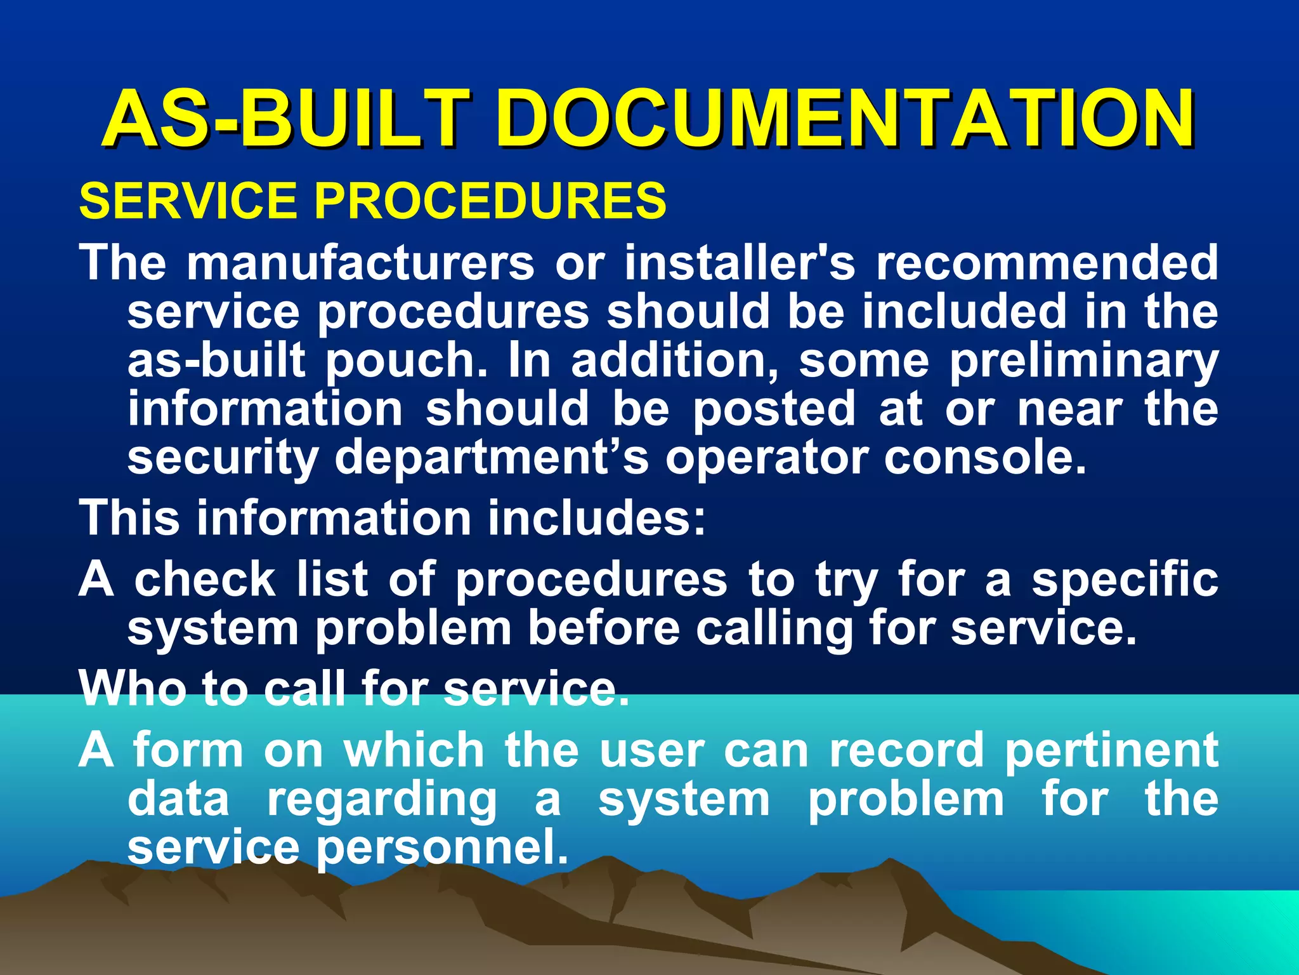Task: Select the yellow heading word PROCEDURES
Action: pos(490,201)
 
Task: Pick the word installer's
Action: pos(740,263)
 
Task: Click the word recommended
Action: pos(1047,263)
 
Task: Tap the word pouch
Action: pos(407,361)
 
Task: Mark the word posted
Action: pos(774,410)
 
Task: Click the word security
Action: pos(223,458)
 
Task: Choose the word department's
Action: pos(492,458)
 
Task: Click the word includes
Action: pos(596,518)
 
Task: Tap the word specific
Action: pos(1124,581)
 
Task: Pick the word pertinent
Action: pos(1111,752)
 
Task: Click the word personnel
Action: pos(442,848)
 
